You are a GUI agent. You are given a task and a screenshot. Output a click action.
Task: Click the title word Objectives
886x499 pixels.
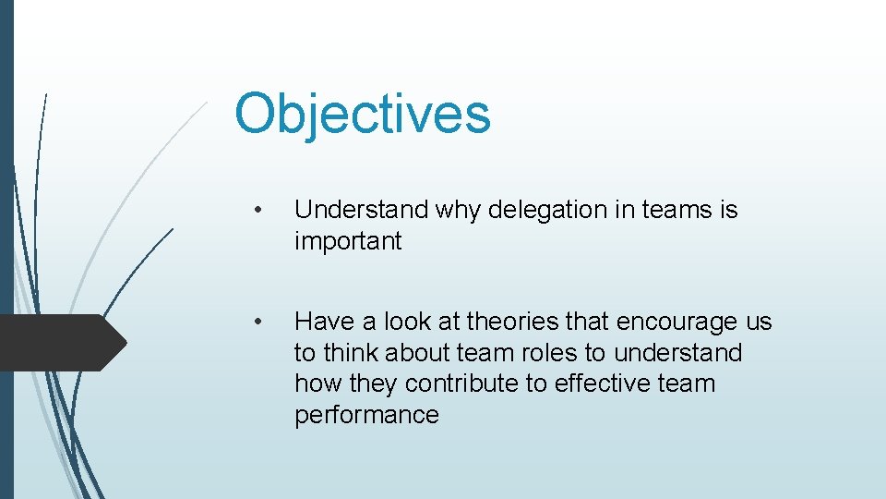[362, 115]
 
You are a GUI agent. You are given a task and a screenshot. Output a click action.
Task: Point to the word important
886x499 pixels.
[348, 242]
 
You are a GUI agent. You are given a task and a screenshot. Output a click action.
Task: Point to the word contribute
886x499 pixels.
[462, 383]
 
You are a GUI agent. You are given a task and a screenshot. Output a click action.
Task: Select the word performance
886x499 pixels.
[366, 415]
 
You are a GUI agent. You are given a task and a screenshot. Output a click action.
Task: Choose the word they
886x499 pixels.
[374, 383]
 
